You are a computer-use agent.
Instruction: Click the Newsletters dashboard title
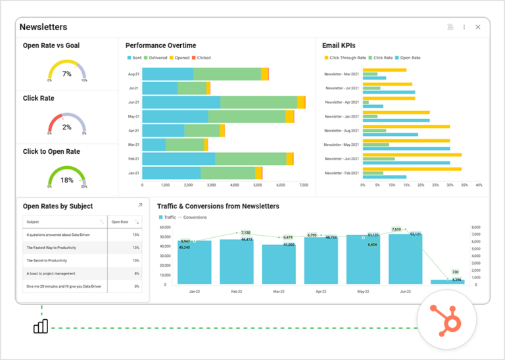coord(43,27)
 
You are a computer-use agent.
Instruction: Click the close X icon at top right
coord(478,27)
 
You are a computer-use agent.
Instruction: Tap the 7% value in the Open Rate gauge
coord(66,74)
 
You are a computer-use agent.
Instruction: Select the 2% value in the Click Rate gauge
coord(66,127)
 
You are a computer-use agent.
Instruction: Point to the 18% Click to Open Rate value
coord(66,180)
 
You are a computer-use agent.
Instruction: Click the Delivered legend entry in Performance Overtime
coord(156,58)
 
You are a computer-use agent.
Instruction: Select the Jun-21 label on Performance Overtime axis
coord(133,102)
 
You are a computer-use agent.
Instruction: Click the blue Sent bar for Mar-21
coord(154,145)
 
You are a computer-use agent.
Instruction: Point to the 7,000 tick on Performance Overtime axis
coord(303,185)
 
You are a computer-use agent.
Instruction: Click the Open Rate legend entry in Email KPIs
coord(408,58)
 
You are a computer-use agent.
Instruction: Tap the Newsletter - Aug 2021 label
coord(341,131)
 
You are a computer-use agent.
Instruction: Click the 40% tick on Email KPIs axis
coord(479,185)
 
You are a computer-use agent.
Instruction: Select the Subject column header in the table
coord(33,222)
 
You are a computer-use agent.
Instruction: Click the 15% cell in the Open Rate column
coord(135,235)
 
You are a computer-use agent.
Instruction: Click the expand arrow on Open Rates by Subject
coord(139,206)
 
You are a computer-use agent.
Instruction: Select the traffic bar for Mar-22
coord(279,264)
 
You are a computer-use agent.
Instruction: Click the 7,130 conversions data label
coord(245,233)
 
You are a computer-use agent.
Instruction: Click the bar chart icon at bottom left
coord(41,326)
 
